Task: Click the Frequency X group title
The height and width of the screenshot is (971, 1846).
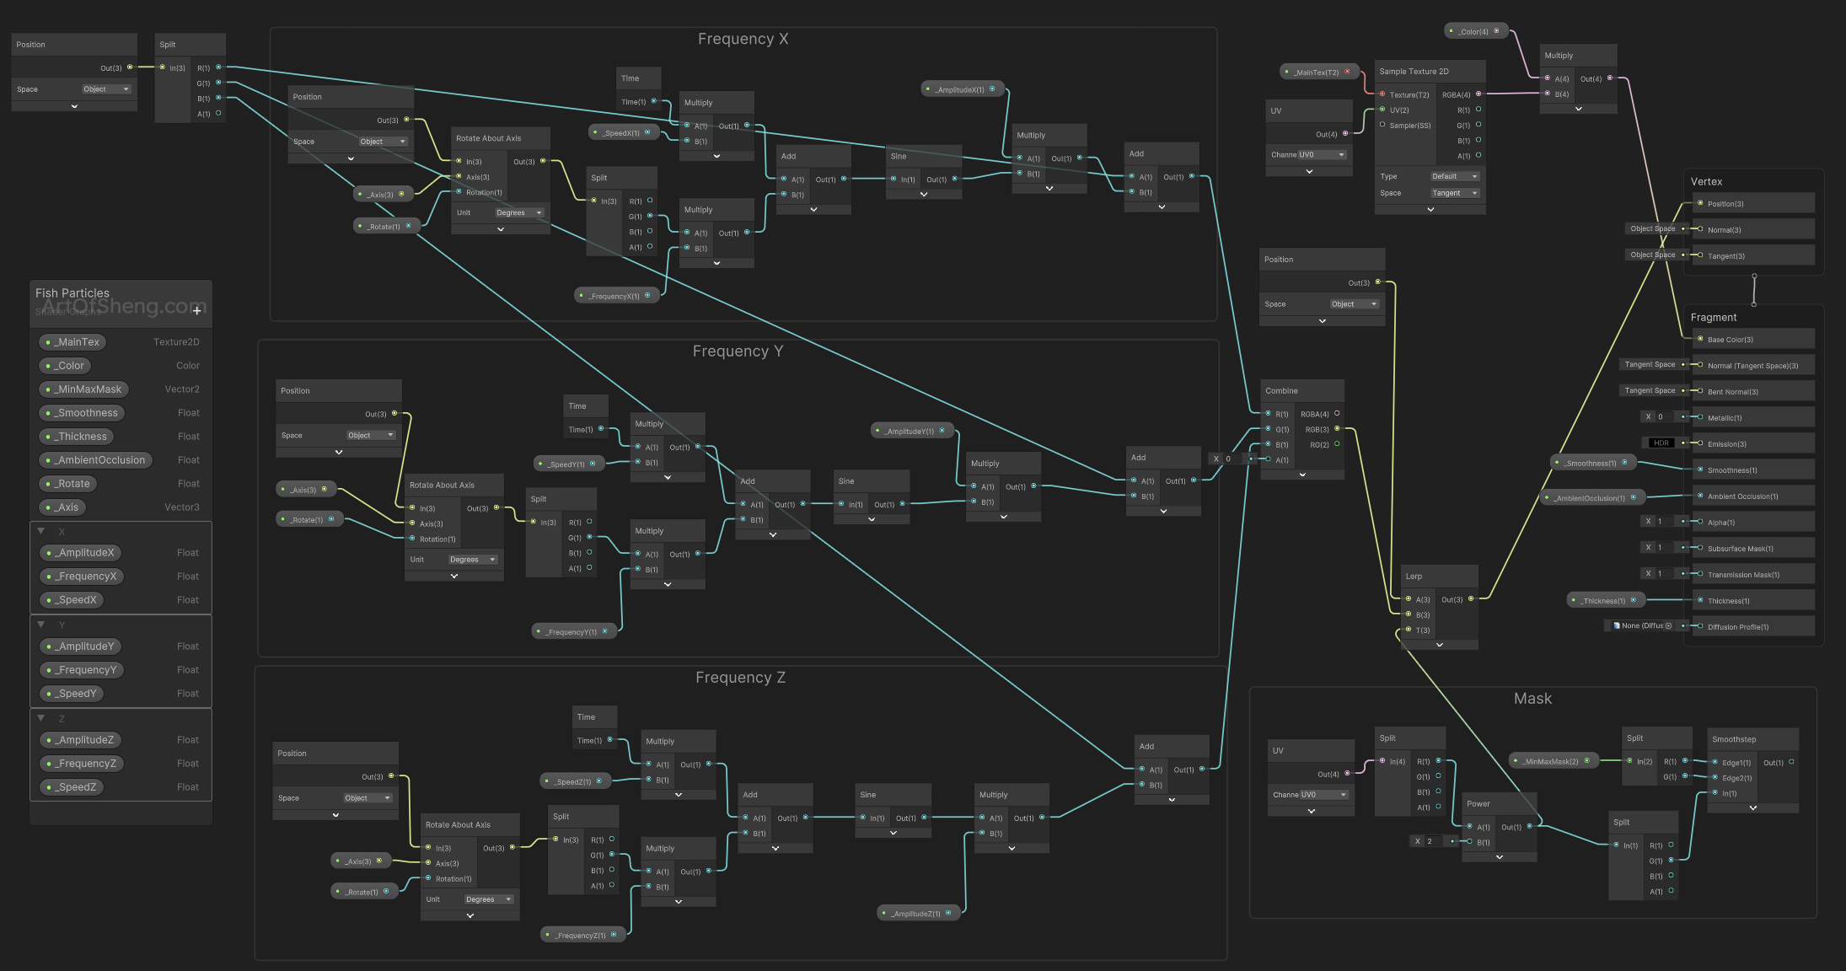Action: tap(743, 39)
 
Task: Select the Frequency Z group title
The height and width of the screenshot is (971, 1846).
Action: tap(740, 678)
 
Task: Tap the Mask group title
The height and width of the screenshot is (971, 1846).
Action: tap(1532, 699)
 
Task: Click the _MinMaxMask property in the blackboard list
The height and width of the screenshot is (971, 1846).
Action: tap(89, 389)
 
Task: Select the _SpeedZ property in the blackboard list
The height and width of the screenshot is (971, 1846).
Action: tap(77, 787)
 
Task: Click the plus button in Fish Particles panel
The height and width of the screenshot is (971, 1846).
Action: tap(197, 310)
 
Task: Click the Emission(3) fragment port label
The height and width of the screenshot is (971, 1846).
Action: tap(1726, 444)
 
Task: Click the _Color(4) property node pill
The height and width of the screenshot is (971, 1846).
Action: tap(1474, 32)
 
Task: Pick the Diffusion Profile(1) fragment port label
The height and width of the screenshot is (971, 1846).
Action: tap(1737, 627)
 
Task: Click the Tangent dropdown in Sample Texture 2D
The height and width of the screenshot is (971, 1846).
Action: tap(1454, 193)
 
